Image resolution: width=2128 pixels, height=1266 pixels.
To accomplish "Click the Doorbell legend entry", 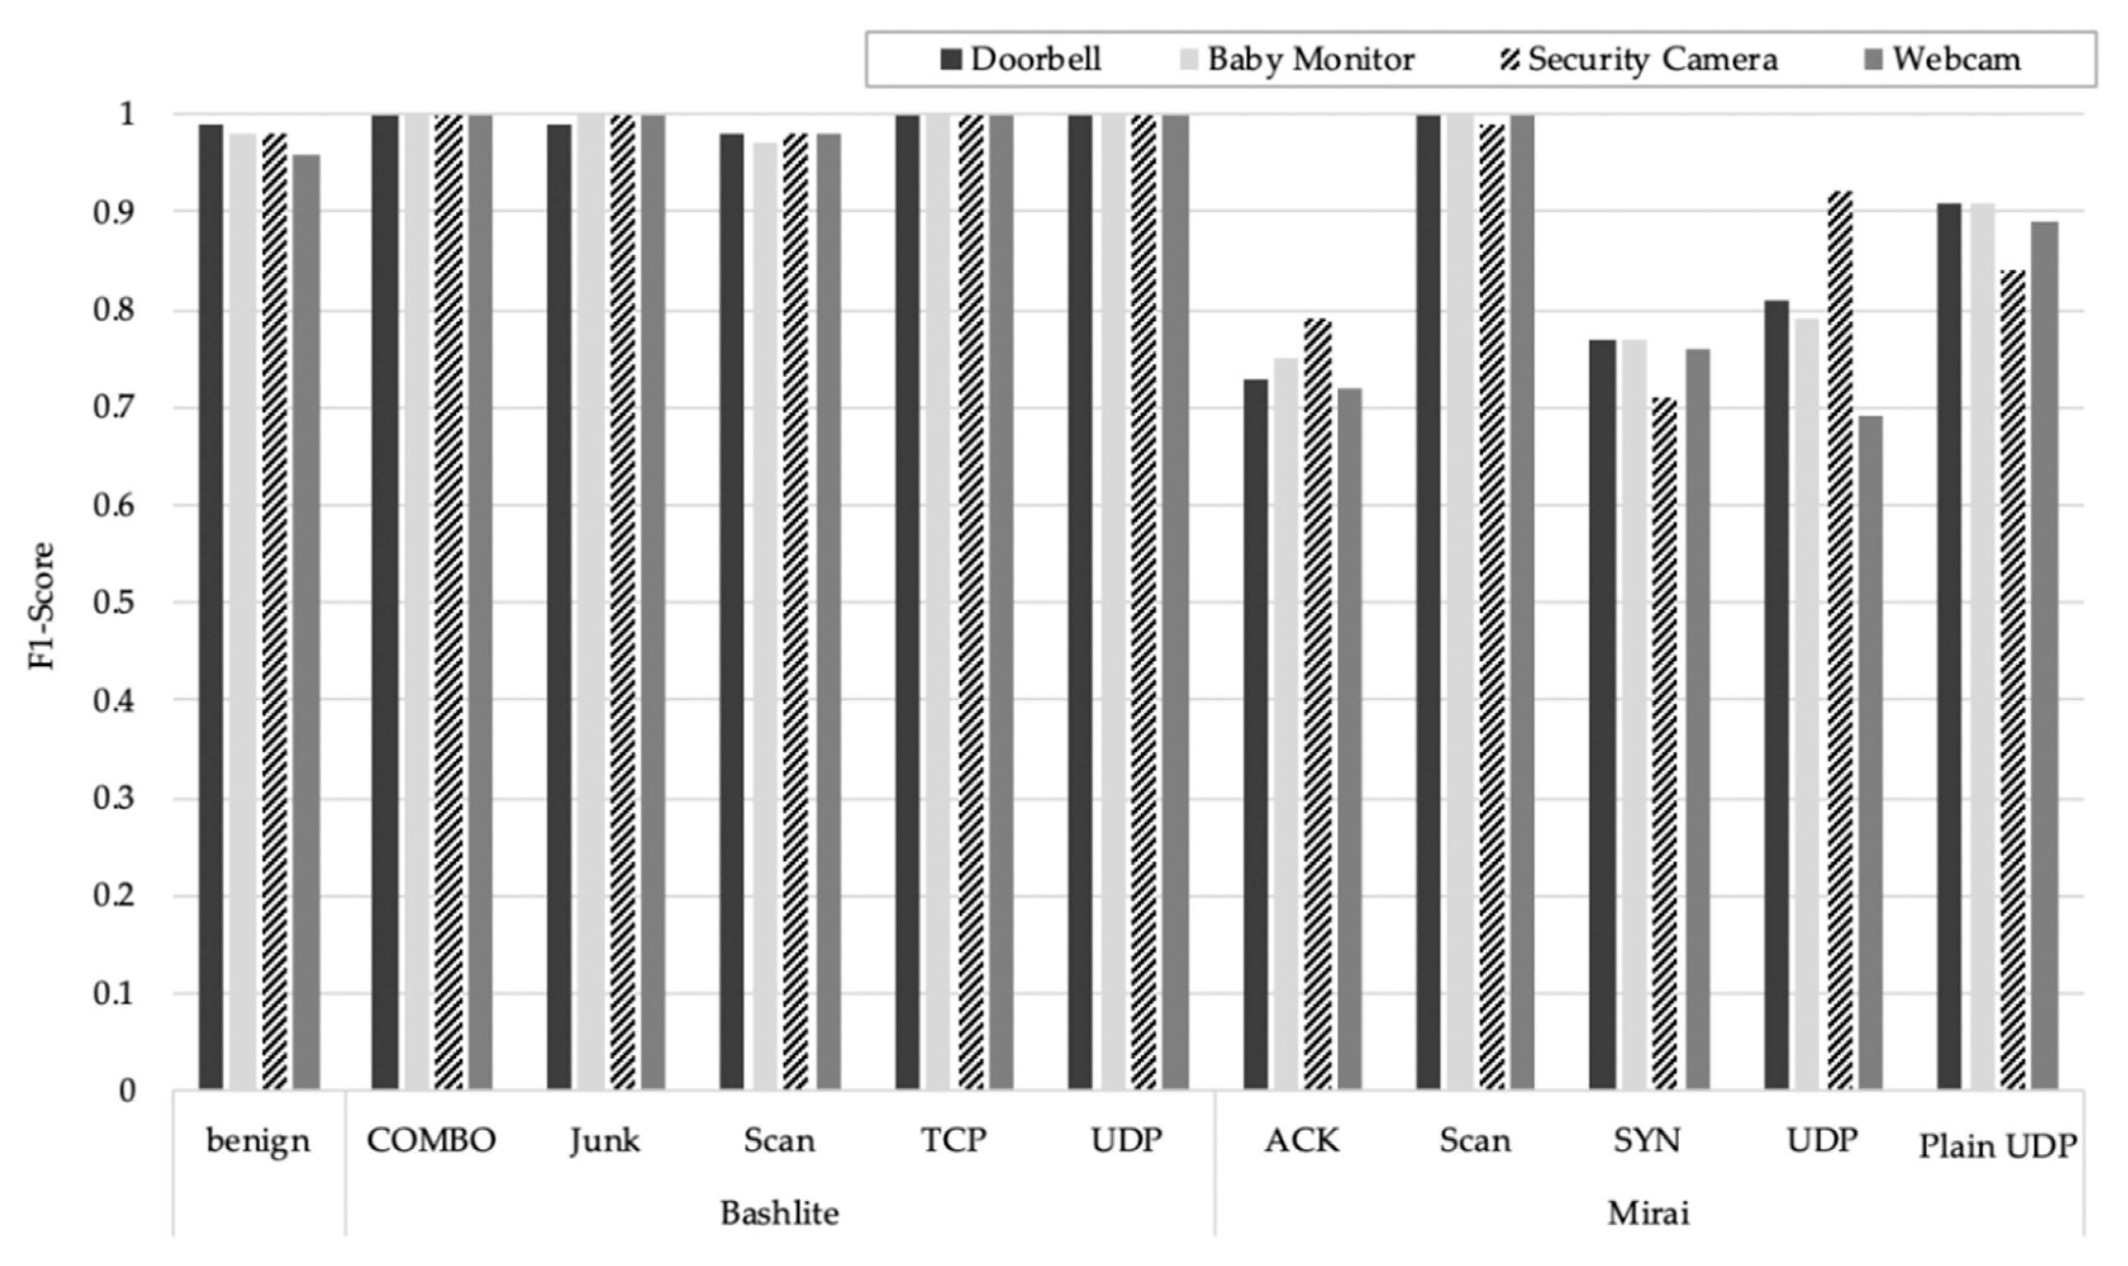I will click(1020, 60).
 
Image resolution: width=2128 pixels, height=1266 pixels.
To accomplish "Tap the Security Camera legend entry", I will click(1639, 60).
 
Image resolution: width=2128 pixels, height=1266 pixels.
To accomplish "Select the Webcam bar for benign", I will click(308, 621).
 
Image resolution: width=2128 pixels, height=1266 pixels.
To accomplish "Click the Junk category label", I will click(604, 1141).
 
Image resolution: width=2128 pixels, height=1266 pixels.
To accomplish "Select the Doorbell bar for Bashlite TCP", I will click(908, 601).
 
